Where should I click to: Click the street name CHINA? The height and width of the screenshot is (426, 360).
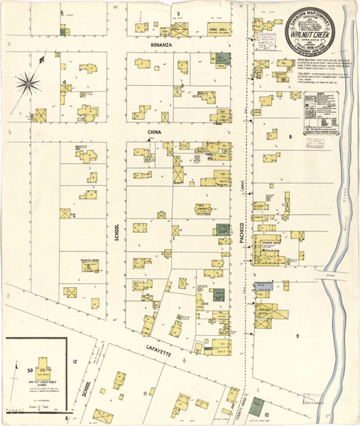pyautogui.click(x=154, y=132)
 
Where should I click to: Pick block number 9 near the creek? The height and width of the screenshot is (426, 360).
pyautogui.click(x=298, y=334)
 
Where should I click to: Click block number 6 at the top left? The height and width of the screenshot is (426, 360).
pyautogui.click(x=62, y=13)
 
